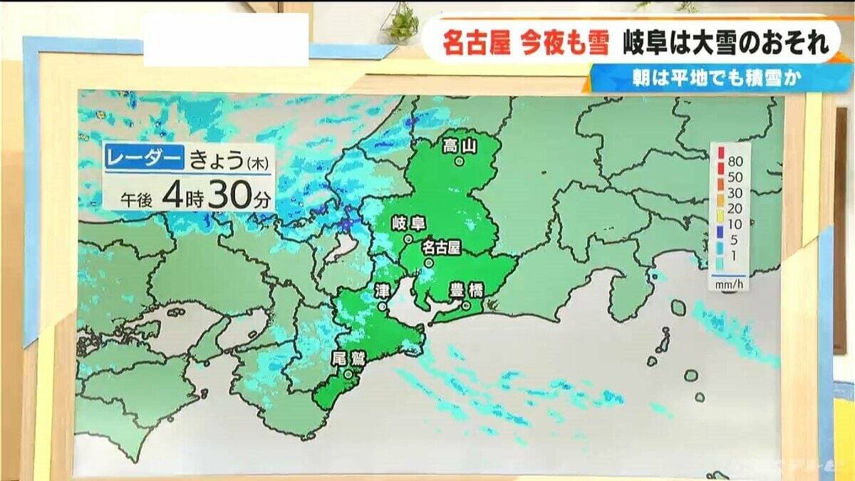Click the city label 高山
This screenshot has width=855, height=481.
(x=460, y=146)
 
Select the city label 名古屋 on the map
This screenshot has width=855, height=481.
(x=442, y=247)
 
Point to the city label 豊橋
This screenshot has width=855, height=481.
(x=467, y=290)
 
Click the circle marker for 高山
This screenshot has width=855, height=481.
(x=460, y=162)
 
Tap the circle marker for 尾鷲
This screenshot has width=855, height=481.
(x=348, y=373)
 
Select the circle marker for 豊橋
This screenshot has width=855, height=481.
(x=467, y=306)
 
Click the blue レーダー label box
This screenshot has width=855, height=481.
(x=145, y=159)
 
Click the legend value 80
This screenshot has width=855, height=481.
(x=735, y=152)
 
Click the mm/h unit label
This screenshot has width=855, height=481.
(x=727, y=284)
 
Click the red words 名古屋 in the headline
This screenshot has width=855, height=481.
(x=476, y=43)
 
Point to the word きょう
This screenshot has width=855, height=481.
(x=217, y=160)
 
